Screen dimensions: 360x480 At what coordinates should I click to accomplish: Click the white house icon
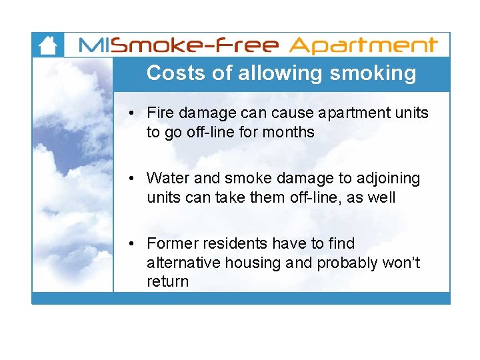47,45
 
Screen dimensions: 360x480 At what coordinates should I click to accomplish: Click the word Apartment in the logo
364,45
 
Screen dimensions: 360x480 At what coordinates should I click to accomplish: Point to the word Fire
160,113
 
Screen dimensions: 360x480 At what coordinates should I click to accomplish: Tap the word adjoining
389,178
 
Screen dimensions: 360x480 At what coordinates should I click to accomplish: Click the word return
167,281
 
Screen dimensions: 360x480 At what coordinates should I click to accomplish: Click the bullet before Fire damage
134,113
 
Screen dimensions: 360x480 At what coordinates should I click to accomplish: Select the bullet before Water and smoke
134,179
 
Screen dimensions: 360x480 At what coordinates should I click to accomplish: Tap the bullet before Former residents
134,244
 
